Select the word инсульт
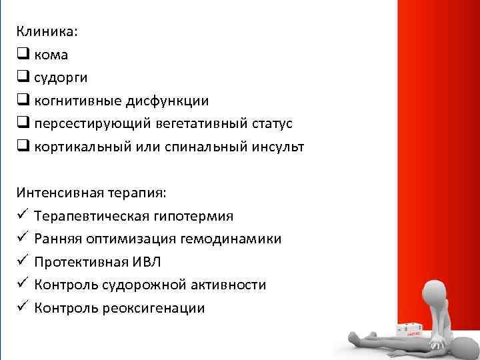276,147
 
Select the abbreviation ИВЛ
142,262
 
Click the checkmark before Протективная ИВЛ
23,261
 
